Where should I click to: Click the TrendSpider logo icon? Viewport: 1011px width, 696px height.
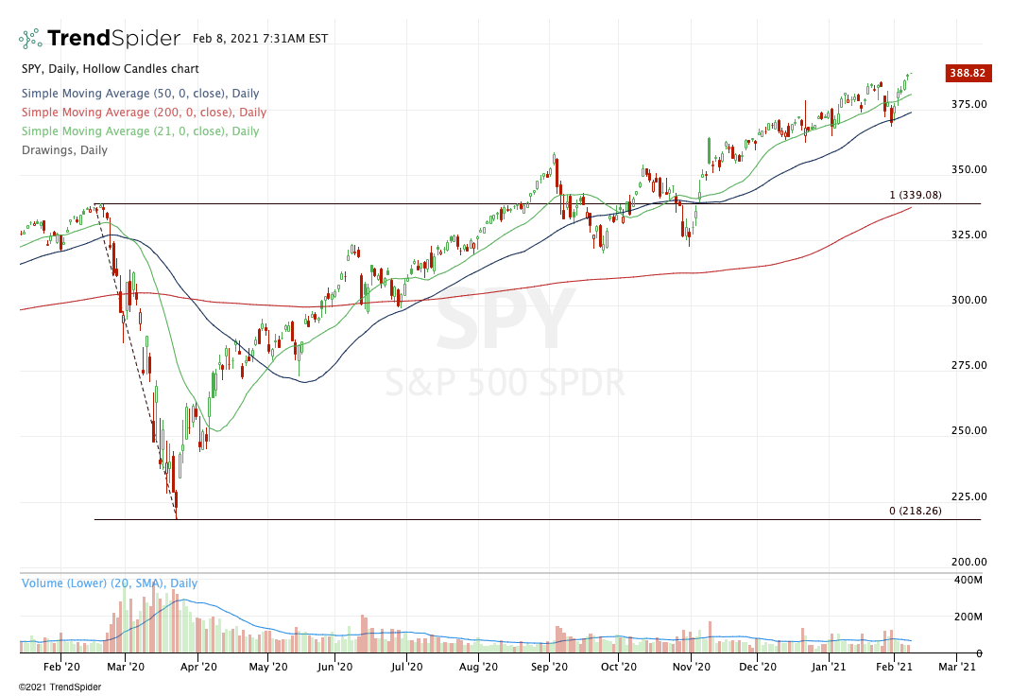coord(30,39)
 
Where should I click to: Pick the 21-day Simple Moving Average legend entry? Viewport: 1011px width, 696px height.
coord(139,131)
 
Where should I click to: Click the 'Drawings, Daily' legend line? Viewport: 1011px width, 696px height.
coord(63,150)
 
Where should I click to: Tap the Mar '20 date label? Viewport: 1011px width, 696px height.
coord(126,667)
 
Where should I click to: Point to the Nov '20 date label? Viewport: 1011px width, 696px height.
coord(691,667)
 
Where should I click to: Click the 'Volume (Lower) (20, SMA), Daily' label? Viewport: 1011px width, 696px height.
coord(110,583)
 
